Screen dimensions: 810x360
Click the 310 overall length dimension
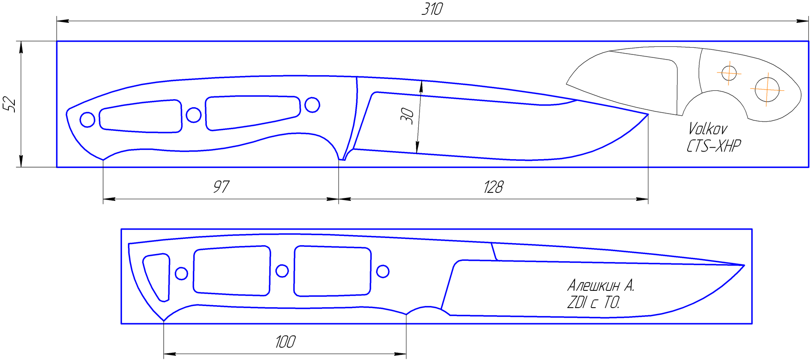[432, 9]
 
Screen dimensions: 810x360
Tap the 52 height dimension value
[9, 104]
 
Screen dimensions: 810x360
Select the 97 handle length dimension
[221, 187]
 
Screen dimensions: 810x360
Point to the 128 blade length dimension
[493, 187]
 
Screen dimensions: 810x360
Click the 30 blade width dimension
[407, 116]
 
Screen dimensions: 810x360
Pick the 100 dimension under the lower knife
[285, 342]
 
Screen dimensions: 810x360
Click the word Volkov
[707, 128]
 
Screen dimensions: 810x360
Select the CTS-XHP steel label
[713, 146]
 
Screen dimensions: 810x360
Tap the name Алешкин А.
[601, 286]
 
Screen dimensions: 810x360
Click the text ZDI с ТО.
[593, 303]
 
